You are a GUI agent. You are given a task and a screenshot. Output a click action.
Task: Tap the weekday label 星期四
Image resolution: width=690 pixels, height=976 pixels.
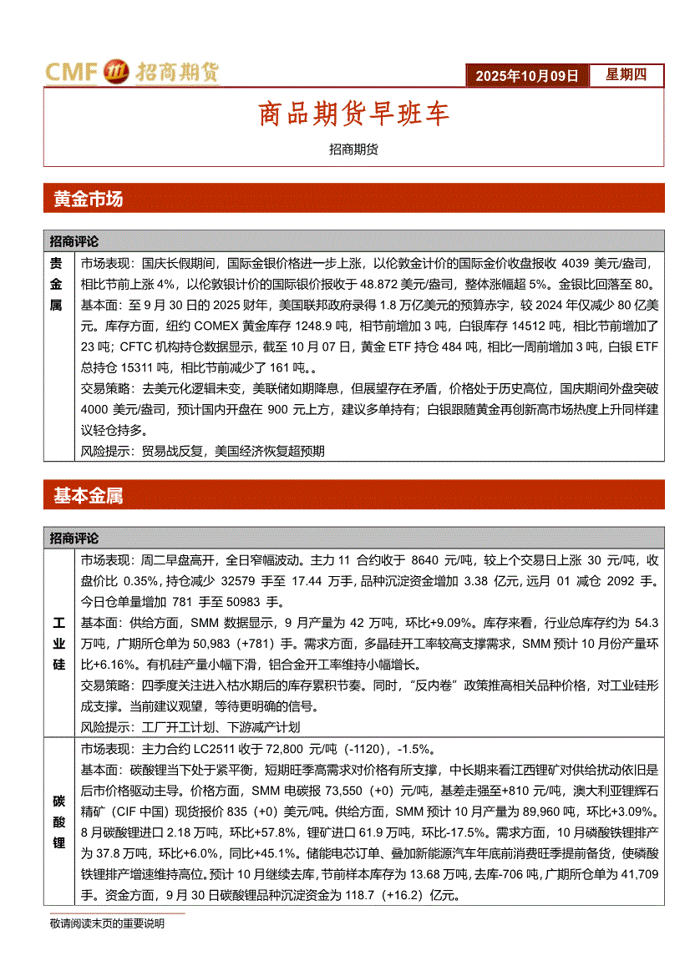626,75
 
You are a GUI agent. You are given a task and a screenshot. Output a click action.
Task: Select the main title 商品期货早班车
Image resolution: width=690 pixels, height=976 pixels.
353,114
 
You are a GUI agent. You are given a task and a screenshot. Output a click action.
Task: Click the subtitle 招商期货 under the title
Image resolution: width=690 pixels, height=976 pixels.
353,149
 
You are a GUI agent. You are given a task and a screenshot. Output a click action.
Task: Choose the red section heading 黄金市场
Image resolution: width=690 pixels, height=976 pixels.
88,199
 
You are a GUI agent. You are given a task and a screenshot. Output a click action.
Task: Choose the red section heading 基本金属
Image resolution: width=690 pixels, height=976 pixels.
88,496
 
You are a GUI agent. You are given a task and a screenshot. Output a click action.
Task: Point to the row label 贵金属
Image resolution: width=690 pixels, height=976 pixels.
57,284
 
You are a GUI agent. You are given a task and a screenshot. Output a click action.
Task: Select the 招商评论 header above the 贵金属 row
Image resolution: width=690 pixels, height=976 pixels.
74,241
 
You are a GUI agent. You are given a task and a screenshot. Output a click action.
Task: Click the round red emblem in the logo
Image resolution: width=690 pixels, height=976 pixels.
114,73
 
